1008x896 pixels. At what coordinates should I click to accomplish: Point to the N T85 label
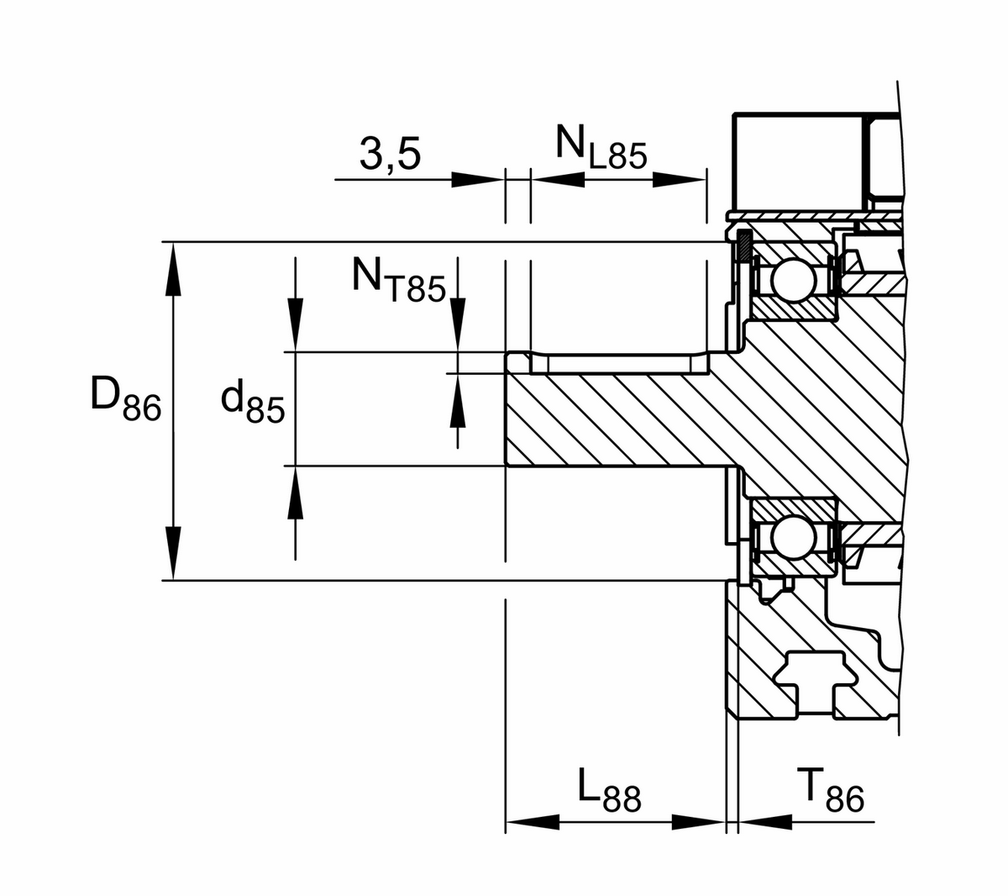(x=397, y=279)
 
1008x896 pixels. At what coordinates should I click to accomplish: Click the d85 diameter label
(x=252, y=402)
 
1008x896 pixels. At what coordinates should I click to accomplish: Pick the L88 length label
(x=609, y=792)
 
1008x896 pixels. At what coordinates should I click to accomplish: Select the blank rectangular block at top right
(x=798, y=160)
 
